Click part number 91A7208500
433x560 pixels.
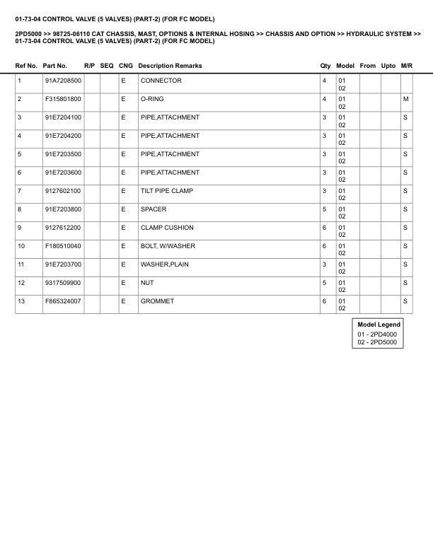[x=63, y=81]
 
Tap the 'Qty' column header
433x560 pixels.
[x=325, y=66]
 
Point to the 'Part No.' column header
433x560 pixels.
[x=55, y=66]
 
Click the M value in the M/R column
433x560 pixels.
[x=405, y=99]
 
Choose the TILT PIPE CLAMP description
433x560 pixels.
[x=166, y=191]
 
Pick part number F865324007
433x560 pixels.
[x=63, y=301]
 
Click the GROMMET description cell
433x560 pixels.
[x=157, y=301]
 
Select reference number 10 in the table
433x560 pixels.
[x=21, y=246]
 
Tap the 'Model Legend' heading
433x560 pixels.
[x=379, y=325]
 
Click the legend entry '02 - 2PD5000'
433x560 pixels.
[x=377, y=342]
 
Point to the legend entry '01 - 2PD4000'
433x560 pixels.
[x=377, y=334]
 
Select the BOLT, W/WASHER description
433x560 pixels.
[x=168, y=246]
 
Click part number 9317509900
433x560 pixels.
[x=63, y=283]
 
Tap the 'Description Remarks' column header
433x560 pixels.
[x=170, y=66]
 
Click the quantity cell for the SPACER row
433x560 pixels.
[x=325, y=209]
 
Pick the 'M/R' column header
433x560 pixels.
[x=406, y=66]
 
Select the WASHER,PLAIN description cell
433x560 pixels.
[x=165, y=264]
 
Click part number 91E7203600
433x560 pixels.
[x=63, y=173]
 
